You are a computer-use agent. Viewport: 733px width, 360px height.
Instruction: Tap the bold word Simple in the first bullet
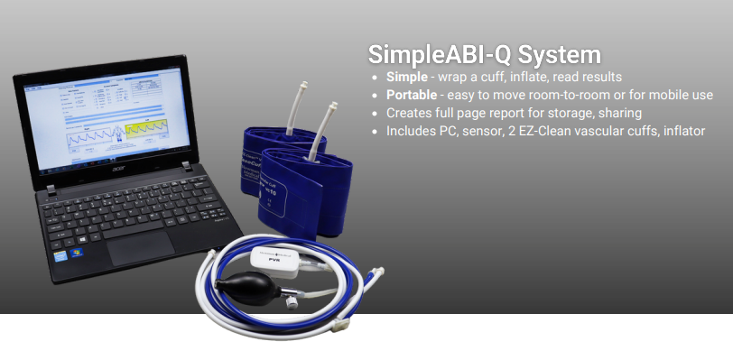408,78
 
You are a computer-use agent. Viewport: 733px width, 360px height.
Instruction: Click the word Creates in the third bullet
411,114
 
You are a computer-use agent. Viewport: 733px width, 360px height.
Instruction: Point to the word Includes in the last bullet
413,132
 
